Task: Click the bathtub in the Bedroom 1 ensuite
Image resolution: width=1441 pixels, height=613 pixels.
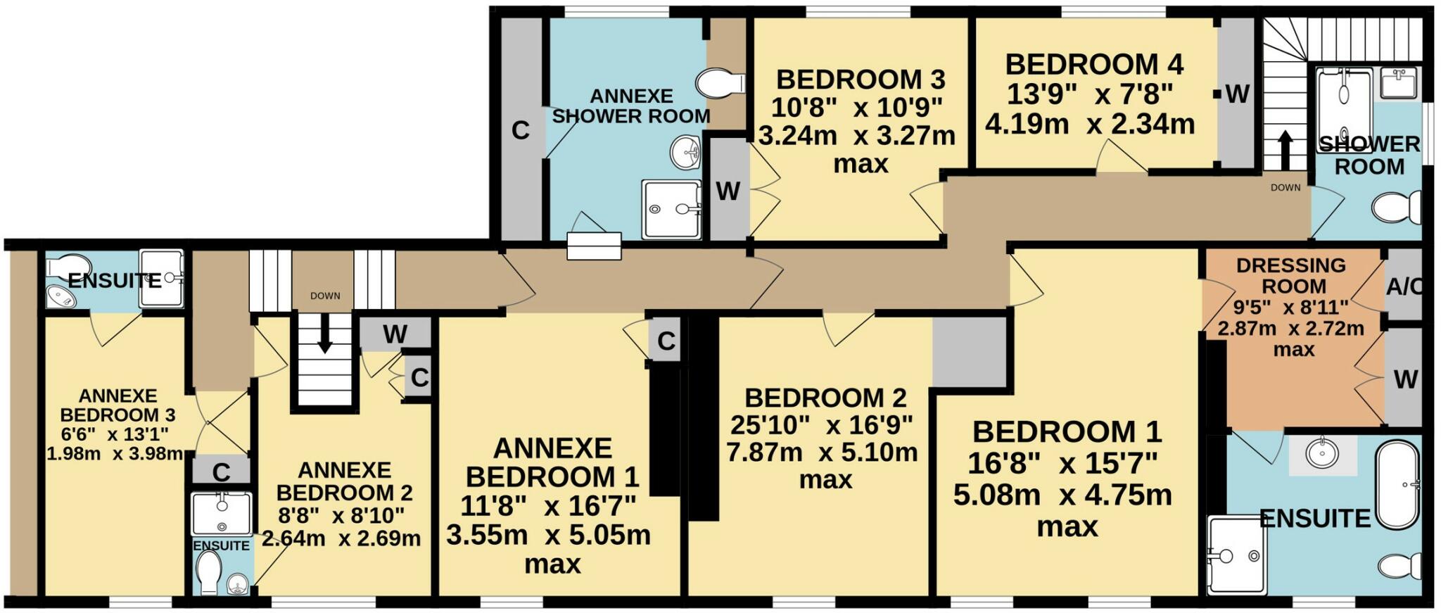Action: click(1397, 485)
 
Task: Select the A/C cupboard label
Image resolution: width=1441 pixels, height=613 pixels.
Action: click(1403, 287)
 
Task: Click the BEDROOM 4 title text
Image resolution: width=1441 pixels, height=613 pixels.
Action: click(1094, 64)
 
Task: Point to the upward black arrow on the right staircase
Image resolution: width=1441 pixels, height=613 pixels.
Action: click(1285, 150)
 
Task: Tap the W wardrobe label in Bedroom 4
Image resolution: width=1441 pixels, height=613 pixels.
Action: click(1237, 94)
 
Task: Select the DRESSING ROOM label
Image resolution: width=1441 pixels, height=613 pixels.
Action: click(1292, 275)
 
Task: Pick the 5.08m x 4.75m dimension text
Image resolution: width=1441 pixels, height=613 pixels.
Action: click(1062, 495)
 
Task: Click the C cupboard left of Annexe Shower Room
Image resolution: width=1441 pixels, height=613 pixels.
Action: click(520, 130)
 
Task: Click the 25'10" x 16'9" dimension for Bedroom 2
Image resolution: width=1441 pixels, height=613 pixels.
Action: click(821, 425)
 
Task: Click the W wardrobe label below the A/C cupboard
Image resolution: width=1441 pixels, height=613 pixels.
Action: click(1405, 379)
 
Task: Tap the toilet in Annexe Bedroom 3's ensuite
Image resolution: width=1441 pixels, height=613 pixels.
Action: click(63, 266)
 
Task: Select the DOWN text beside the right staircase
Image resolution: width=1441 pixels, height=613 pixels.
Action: click(1285, 187)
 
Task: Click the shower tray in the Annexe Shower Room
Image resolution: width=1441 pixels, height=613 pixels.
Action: click(671, 209)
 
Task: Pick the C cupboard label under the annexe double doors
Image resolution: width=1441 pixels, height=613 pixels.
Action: click(221, 472)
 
